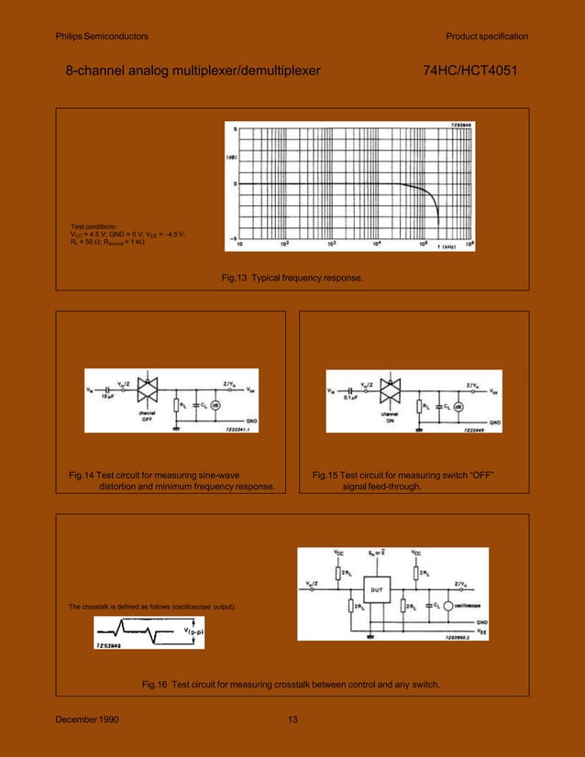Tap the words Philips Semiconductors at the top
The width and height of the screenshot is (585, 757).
point(102,37)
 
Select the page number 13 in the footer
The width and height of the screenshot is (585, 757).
point(292,719)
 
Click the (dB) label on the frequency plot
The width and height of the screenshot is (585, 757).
point(233,157)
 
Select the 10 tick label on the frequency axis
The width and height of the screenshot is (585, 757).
point(239,245)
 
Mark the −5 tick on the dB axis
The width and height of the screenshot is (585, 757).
point(234,236)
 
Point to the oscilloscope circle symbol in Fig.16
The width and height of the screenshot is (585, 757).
point(447,606)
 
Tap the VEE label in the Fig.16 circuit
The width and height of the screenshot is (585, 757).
point(481,631)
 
